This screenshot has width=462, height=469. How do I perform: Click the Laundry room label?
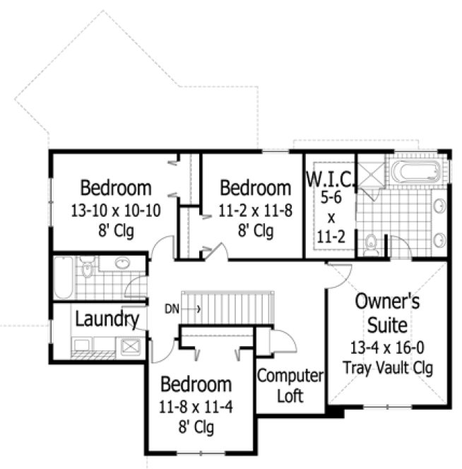click(107, 319)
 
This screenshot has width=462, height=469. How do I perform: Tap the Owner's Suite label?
click(387, 313)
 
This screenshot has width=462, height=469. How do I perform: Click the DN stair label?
click(172, 308)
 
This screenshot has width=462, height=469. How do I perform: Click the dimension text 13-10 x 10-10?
click(115, 210)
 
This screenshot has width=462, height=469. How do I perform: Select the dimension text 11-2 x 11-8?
click(255, 210)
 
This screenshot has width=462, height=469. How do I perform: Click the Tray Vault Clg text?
click(387, 367)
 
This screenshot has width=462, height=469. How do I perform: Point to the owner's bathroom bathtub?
click(417, 171)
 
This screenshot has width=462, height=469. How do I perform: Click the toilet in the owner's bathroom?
click(372, 244)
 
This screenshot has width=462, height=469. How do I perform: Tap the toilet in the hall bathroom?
click(87, 268)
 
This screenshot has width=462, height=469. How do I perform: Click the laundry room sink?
click(131, 346)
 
